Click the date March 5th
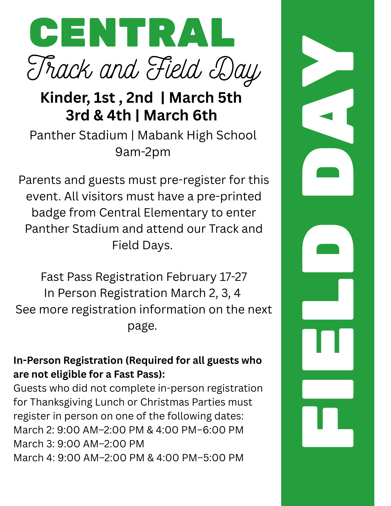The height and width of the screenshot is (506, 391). [205, 98]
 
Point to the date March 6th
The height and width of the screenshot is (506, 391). [180, 115]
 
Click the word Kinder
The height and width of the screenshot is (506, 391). [65, 98]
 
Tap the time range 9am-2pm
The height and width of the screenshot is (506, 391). [143, 152]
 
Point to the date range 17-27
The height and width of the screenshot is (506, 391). [233, 277]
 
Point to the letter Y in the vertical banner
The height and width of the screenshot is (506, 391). [328, 61]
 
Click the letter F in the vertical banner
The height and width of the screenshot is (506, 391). [328, 427]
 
